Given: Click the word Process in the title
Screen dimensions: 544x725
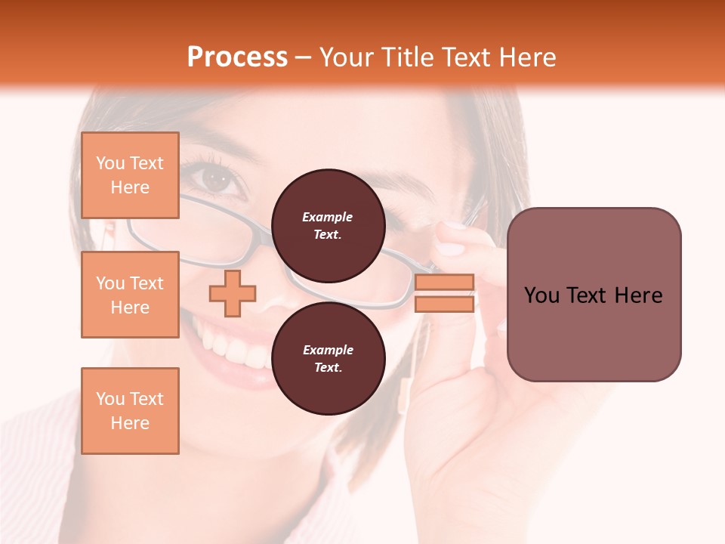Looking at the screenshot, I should click(x=237, y=57).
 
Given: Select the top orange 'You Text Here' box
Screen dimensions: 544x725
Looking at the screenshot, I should click(x=130, y=175).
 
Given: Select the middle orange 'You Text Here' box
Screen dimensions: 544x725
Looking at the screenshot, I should click(x=130, y=295).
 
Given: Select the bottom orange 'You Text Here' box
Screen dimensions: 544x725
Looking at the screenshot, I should click(x=130, y=410).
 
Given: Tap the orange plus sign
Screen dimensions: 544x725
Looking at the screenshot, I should click(x=233, y=293).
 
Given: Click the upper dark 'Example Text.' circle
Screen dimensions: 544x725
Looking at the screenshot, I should click(x=328, y=226).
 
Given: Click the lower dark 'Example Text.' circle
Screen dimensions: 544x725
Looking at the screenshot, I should click(x=328, y=359).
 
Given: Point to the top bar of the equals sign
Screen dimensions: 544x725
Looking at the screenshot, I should click(x=445, y=282).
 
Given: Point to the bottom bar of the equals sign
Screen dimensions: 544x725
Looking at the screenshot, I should click(x=445, y=304).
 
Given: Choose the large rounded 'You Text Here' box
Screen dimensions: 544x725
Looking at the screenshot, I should click(x=594, y=294).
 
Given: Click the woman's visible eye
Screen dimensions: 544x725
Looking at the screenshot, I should click(x=217, y=180).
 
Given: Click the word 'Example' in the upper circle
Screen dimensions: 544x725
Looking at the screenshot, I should click(x=327, y=217).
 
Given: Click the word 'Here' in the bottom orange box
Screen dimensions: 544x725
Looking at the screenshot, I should click(x=130, y=423).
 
